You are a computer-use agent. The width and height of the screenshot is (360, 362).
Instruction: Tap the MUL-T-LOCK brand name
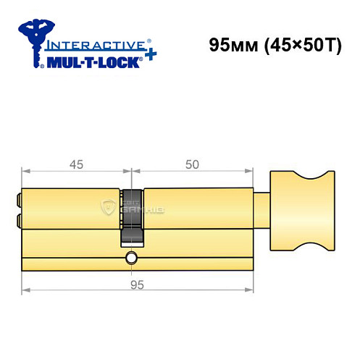pyautogui.click(x=92, y=62)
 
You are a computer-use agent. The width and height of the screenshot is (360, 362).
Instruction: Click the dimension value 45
pyautogui.click(x=75, y=164)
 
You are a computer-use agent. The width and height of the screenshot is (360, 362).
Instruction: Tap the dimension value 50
pyautogui.click(x=192, y=164)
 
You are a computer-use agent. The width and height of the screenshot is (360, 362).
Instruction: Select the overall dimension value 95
pyautogui.click(x=135, y=285)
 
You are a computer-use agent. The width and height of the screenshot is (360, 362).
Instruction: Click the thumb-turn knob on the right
pyautogui.click(x=298, y=209)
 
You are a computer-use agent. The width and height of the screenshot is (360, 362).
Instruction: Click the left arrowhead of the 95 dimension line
pyautogui.click(x=22, y=292)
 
